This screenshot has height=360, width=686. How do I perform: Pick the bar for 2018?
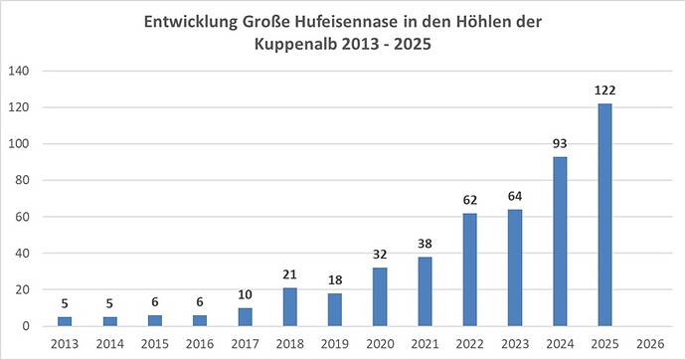(x=289, y=307)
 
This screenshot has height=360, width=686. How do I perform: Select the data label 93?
(x=561, y=144)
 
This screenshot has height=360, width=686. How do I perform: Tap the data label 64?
(x=515, y=197)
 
